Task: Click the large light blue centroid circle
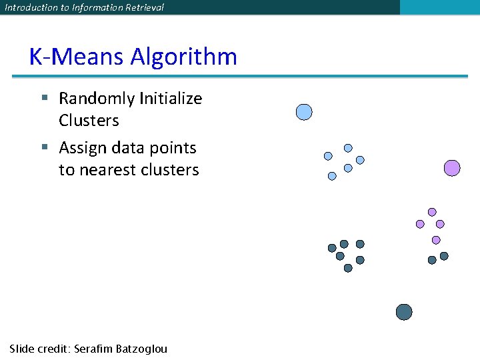point(304,112)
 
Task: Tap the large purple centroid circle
point(452,168)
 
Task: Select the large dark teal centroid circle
point(404,312)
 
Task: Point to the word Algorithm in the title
point(183,57)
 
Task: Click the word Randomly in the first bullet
point(95,99)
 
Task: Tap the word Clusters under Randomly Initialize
point(89,121)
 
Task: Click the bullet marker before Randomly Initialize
point(44,98)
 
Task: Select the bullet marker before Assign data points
point(44,147)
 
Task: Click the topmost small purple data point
point(432,212)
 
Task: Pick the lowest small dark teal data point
point(348,268)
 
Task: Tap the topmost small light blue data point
point(348,148)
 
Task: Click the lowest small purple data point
point(436,240)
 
